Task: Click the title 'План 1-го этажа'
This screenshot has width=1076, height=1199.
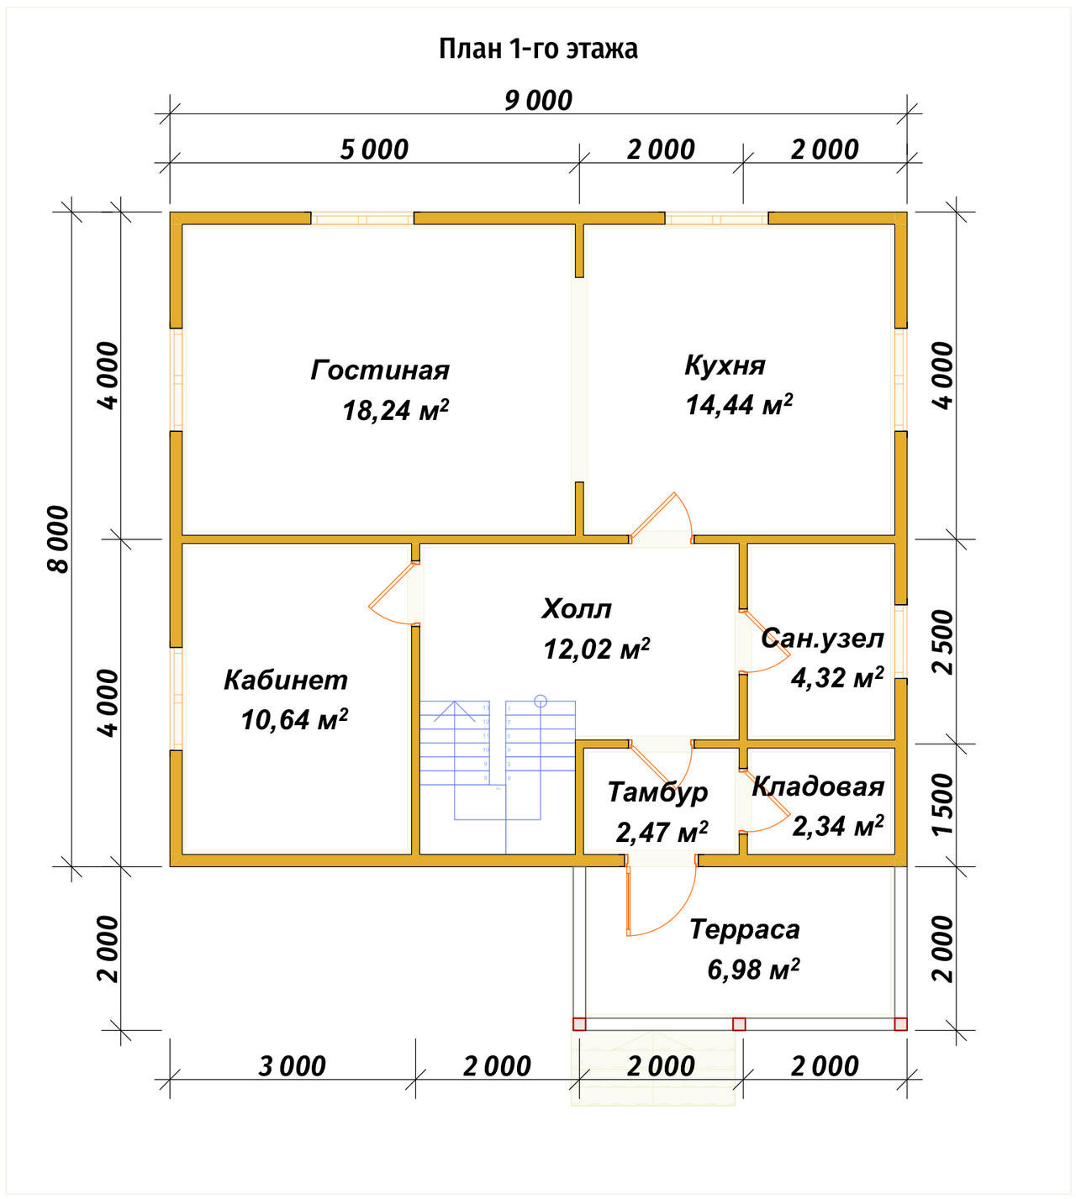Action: [x=538, y=49]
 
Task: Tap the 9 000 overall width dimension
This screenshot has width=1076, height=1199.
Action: [x=538, y=101]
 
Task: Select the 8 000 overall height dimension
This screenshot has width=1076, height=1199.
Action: [x=59, y=539]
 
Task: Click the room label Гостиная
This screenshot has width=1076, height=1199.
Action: [x=380, y=371]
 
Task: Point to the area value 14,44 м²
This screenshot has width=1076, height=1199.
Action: [x=738, y=405]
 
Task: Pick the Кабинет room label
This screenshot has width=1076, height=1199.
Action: [x=286, y=681]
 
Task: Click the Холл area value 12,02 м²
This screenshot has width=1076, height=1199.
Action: [x=596, y=649]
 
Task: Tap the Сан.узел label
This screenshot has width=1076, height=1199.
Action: [x=822, y=638]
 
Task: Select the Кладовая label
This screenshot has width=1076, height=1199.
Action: [x=818, y=787]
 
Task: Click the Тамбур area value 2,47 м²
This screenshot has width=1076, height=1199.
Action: [x=662, y=832]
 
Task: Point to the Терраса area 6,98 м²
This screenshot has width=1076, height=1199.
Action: [x=753, y=970]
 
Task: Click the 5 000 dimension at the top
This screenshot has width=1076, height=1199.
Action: [x=374, y=150]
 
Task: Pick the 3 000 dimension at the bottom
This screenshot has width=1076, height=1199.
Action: [x=292, y=1066]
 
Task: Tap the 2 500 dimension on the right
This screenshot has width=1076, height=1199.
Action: [x=942, y=642]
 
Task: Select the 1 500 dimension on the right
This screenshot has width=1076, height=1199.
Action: [x=942, y=804]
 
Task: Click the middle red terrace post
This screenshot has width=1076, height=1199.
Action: [x=739, y=1024]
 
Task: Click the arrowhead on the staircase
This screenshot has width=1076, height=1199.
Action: [x=454, y=710]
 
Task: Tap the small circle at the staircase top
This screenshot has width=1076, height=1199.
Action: [x=541, y=702]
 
